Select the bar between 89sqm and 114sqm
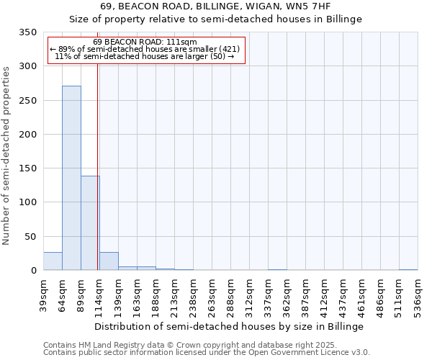point(90,223)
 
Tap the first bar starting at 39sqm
point(53,261)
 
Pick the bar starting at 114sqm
point(109,261)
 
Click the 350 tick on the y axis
point(28,32)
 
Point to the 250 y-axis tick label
point(28,101)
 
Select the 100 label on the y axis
point(28,202)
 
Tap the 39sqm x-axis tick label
point(44,295)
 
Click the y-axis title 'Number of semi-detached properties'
point(7,156)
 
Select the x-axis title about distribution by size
point(229,326)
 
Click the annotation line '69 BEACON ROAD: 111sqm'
point(145,42)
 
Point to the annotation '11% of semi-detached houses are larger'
point(145,56)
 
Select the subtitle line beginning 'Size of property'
point(215,19)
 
